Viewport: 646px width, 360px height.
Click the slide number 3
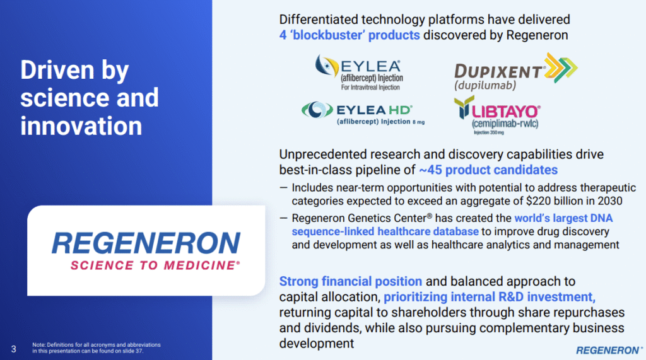[x=14, y=349]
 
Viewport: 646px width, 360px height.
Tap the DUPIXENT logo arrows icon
[x=561, y=67]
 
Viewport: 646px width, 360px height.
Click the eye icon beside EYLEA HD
[x=317, y=110]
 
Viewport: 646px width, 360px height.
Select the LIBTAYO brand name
[x=506, y=112]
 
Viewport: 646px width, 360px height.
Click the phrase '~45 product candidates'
[x=488, y=170]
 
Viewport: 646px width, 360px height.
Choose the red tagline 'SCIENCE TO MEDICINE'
[x=155, y=265]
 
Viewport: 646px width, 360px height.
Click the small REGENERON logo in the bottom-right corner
[x=609, y=350]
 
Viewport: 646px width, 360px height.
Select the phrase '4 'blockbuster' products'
[x=349, y=35]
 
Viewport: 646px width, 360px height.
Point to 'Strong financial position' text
[x=351, y=281]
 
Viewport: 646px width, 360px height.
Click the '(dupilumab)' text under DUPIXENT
[x=485, y=85]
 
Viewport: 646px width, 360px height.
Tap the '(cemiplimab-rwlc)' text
[x=505, y=124]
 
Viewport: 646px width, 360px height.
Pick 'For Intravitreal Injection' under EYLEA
[x=370, y=88]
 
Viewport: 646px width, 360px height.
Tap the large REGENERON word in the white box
[x=146, y=243]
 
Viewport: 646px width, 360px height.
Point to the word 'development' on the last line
[x=317, y=344]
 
